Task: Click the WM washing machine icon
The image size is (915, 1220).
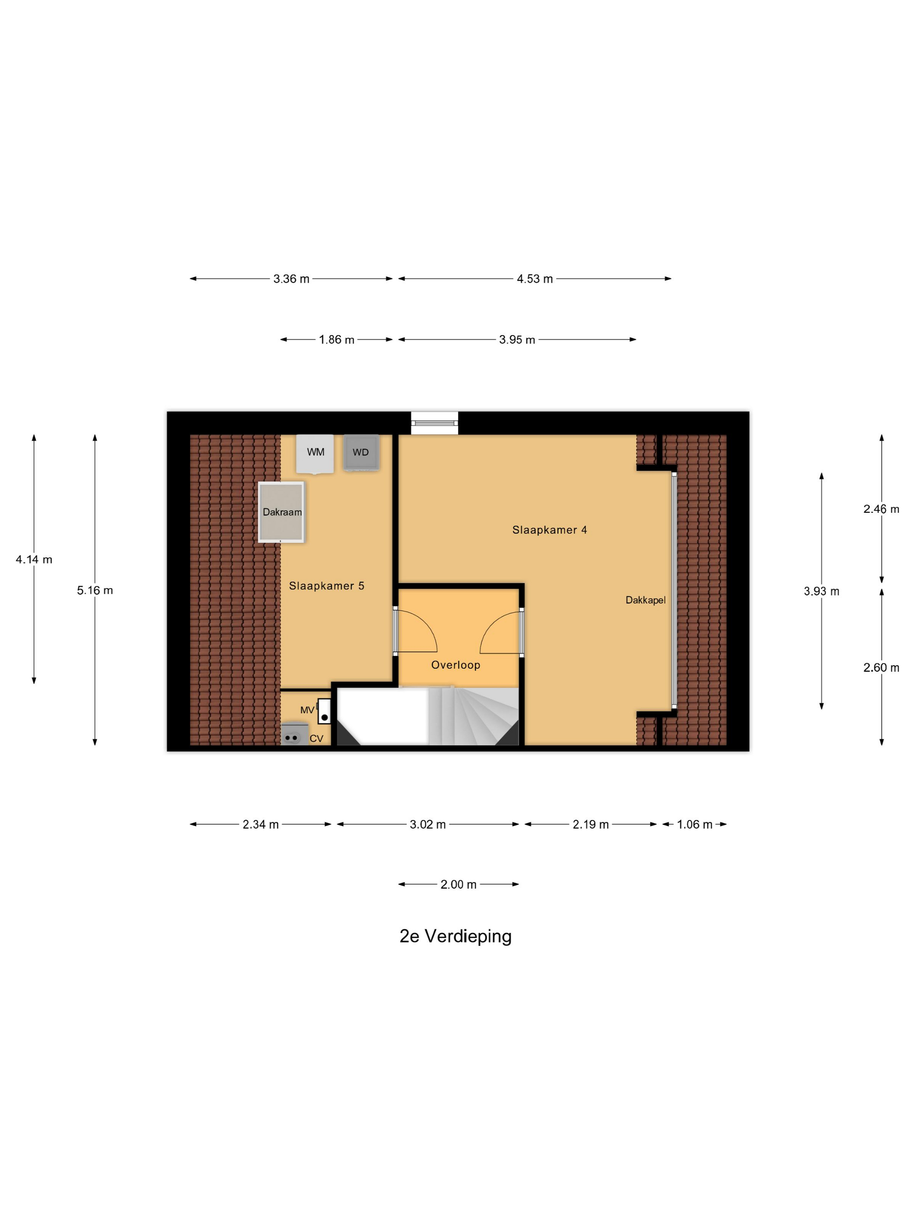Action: pos(315,453)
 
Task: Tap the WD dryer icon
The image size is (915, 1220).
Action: pos(361,453)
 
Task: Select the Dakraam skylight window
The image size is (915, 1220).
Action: pos(281,512)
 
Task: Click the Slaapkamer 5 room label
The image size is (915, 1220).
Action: pos(326,586)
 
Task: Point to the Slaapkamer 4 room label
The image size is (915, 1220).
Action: pos(549,530)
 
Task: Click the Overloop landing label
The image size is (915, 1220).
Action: pos(456,665)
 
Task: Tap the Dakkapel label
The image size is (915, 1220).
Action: pos(645,600)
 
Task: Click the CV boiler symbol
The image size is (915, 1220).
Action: pos(292,736)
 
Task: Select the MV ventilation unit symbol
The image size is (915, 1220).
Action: pos(324,712)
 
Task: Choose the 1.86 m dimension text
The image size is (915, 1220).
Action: pos(336,340)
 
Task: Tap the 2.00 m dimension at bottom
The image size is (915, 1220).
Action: pos(458,884)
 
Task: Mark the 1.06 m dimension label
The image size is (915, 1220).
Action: pos(695,824)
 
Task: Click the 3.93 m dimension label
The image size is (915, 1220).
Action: pos(821,591)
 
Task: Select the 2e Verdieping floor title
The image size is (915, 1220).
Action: pos(456,936)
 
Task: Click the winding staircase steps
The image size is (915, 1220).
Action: pos(480,717)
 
